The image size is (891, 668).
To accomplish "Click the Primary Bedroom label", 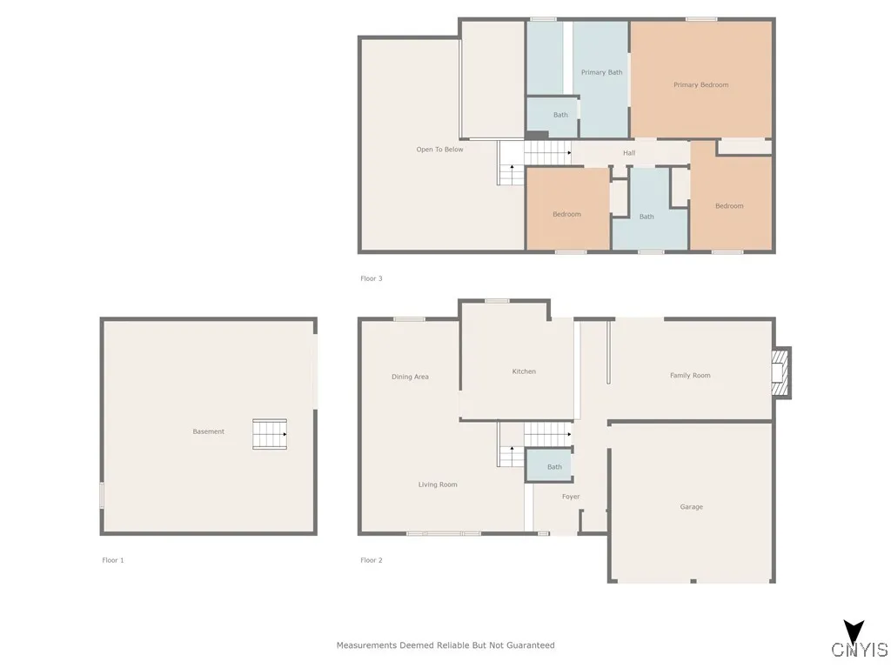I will [700, 84].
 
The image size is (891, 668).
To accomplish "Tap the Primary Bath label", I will [601, 72].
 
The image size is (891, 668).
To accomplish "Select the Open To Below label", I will [439, 150].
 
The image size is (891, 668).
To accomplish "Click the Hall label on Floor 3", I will [628, 153].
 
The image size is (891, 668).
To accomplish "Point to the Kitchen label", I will [524, 371].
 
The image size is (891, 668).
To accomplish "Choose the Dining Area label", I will [410, 377].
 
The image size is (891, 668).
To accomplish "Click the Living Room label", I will [437, 484].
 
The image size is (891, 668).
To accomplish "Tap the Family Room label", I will [689, 376].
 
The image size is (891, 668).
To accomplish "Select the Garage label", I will [691, 506].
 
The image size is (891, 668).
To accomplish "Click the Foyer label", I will [570, 497].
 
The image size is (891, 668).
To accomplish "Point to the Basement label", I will [208, 431].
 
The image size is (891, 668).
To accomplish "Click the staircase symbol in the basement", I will [270, 434].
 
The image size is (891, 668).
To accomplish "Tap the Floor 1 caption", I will [113, 560].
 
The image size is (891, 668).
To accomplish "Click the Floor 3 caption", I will [372, 278].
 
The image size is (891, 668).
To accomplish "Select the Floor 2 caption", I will [372, 560].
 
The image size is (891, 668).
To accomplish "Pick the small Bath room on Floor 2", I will [554, 467].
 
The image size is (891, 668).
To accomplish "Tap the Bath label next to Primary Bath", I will [560, 115].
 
